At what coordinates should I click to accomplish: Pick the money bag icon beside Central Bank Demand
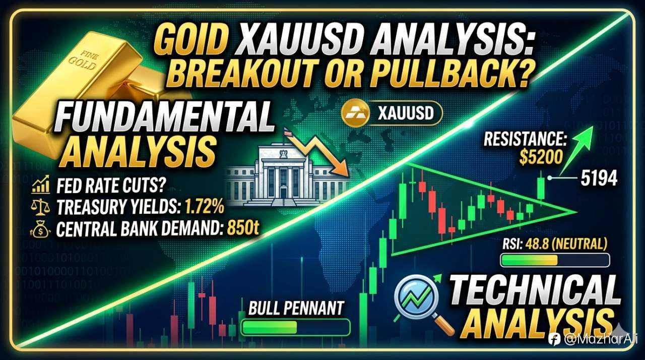click(39, 229)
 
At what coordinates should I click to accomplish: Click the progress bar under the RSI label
click(555, 260)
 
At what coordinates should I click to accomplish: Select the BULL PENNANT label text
click(296, 308)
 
